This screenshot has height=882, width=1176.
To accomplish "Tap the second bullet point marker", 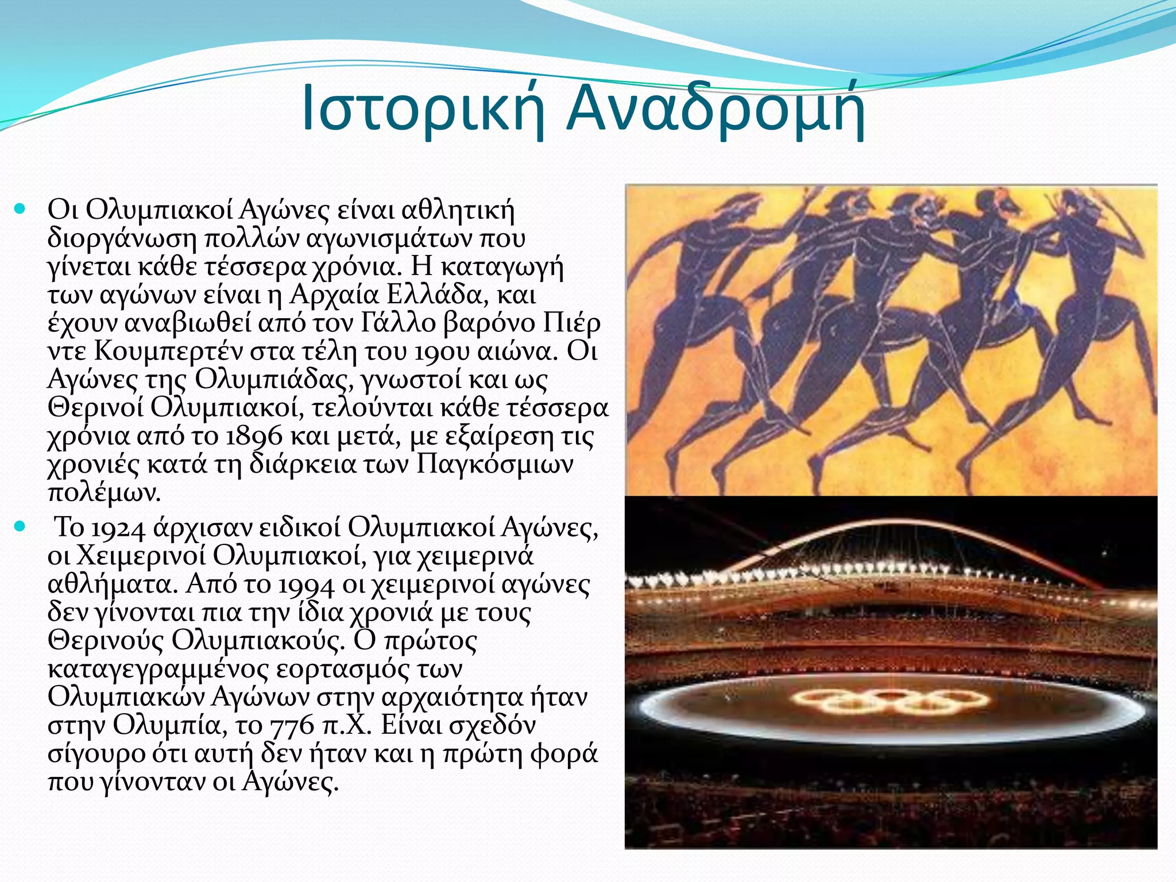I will pyautogui.click(x=20, y=527).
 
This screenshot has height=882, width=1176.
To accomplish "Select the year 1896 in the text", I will pyautogui.click(x=254, y=437).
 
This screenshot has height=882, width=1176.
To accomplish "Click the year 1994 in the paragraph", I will pyautogui.click(x=305, y=585).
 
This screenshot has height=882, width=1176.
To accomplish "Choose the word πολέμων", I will pyautogui.click(x=103, y=493).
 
